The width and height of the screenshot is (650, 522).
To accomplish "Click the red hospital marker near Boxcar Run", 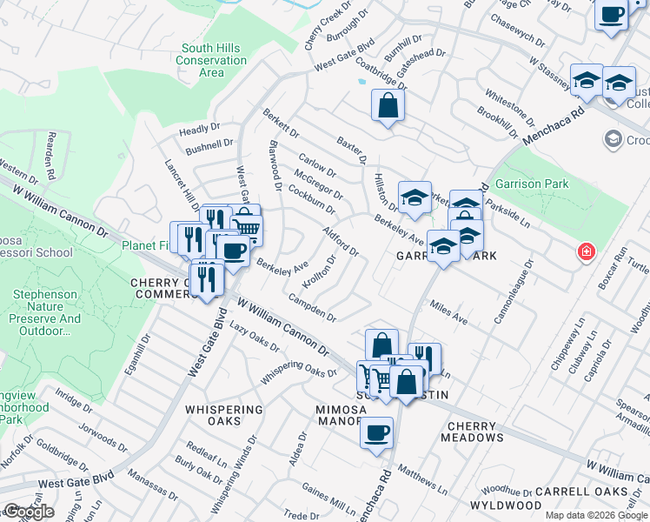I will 587,252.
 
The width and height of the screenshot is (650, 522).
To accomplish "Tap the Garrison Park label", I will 531,184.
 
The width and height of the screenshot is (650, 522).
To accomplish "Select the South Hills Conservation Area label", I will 211,61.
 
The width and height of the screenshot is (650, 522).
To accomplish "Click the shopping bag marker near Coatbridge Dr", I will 388,106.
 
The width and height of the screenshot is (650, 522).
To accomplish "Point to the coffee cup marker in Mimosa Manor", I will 376,432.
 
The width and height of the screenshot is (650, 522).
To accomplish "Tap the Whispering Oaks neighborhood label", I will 223,416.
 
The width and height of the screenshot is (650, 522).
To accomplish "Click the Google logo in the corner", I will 29,512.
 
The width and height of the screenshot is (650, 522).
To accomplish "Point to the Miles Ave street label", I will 448,314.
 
